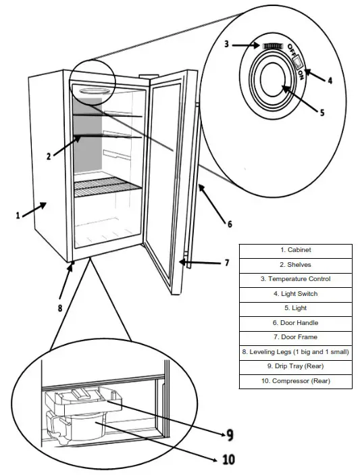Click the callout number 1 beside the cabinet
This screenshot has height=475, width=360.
click(x=18, y=216)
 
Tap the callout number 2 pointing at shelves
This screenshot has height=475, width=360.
click(x=49, y=157)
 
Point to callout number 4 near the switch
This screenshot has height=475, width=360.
click(x=330, y=80)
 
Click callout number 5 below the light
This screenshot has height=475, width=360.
click(x=322, y=113)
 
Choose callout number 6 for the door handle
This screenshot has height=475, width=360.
click(x=229, y=224)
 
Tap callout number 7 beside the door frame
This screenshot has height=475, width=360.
click(x=227, y=263)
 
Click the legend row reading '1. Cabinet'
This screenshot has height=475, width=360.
click(x=295, y=251)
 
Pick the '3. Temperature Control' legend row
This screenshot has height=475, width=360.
click(x=295, y=279)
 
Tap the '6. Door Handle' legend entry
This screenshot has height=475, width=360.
click(x=295, y=323)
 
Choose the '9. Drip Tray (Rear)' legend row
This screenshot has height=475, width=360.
click(x=295, y=367)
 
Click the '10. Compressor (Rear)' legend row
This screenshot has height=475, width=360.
click(x=295, y=382)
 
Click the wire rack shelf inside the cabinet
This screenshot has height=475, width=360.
click(x=108, y=187)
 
